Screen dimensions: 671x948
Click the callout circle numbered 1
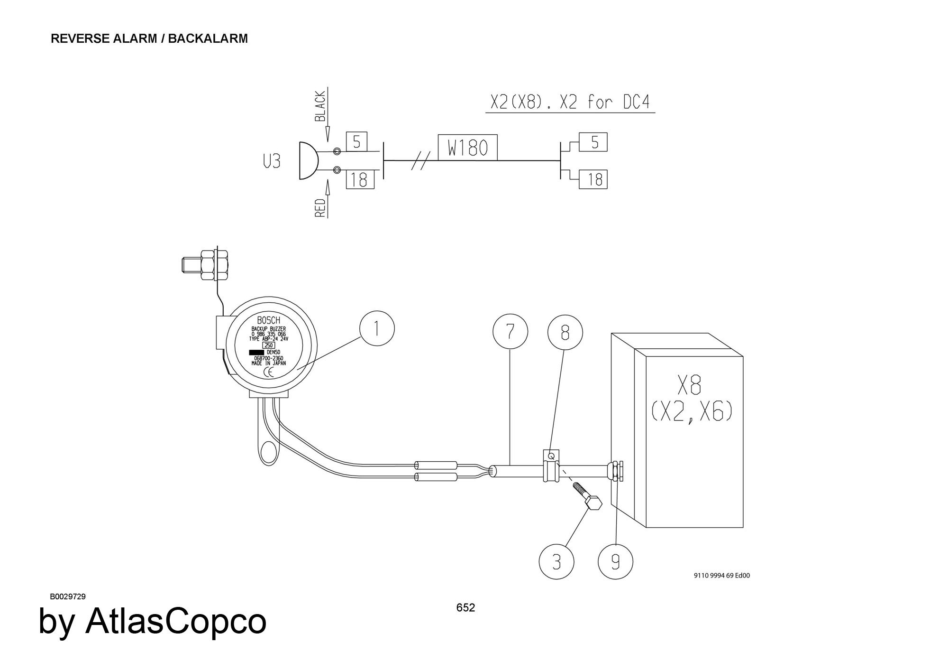coord(377,328)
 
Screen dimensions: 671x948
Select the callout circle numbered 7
coord(510,331)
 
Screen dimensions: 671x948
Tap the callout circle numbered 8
coord(565,333)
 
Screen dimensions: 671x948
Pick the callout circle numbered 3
coord(556,562)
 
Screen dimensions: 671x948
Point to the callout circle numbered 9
coord(615,562)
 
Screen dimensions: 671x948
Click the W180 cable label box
coord(467,148)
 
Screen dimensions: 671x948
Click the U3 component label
coord(272,162)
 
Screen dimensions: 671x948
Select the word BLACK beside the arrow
coord(320,107)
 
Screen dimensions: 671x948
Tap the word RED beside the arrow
coord(320,208)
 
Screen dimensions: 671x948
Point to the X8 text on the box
coord(689,385)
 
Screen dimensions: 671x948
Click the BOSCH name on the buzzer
coord(268,321)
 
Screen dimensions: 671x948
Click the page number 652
coord(465,607)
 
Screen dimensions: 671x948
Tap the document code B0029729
coord(68,596)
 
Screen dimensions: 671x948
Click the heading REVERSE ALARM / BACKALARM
coord(149,38)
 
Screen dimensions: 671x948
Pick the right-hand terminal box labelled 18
coord(594,179)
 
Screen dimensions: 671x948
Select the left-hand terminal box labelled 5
coord(357,141)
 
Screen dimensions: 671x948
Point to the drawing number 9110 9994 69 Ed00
coord(722,576)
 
